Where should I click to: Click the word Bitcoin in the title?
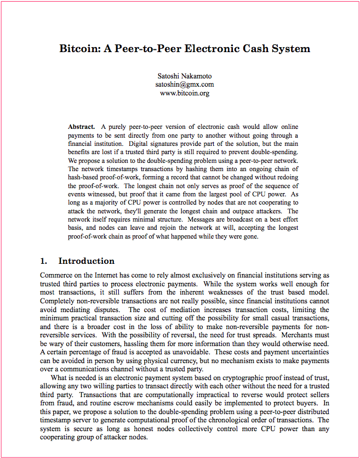pyautogui.click(x=78, y=48)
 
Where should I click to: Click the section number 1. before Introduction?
pyautogui.click(x=44, y=261)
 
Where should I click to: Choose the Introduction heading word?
pyautogui.click(x=87, y=261)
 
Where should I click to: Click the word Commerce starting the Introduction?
pyautogui.click(x=58, y=275)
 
